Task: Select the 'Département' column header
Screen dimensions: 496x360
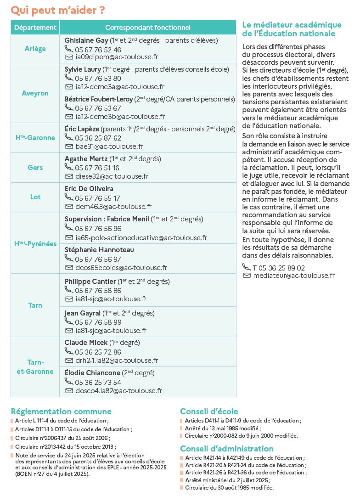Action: [35, 28]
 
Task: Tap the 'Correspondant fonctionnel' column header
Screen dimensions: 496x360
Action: [147, 28]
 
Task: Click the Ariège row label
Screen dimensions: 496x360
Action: [35, 48]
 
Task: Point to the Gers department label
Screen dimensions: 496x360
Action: [35, 168]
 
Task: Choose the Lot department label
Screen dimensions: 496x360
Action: [35, 197]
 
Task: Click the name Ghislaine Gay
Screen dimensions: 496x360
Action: [86, 40]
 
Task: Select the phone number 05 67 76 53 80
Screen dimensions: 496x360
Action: [98, 78]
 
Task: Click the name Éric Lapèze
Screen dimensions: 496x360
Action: [82, 129]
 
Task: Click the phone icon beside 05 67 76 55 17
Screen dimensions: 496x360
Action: [68, 197]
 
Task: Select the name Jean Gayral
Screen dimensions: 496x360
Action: [83, 313]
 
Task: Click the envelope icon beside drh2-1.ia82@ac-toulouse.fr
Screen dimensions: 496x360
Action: [69, 361]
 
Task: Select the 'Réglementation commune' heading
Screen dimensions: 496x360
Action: [61, 411]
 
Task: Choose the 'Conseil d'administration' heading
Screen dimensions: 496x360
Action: [226, 449]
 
